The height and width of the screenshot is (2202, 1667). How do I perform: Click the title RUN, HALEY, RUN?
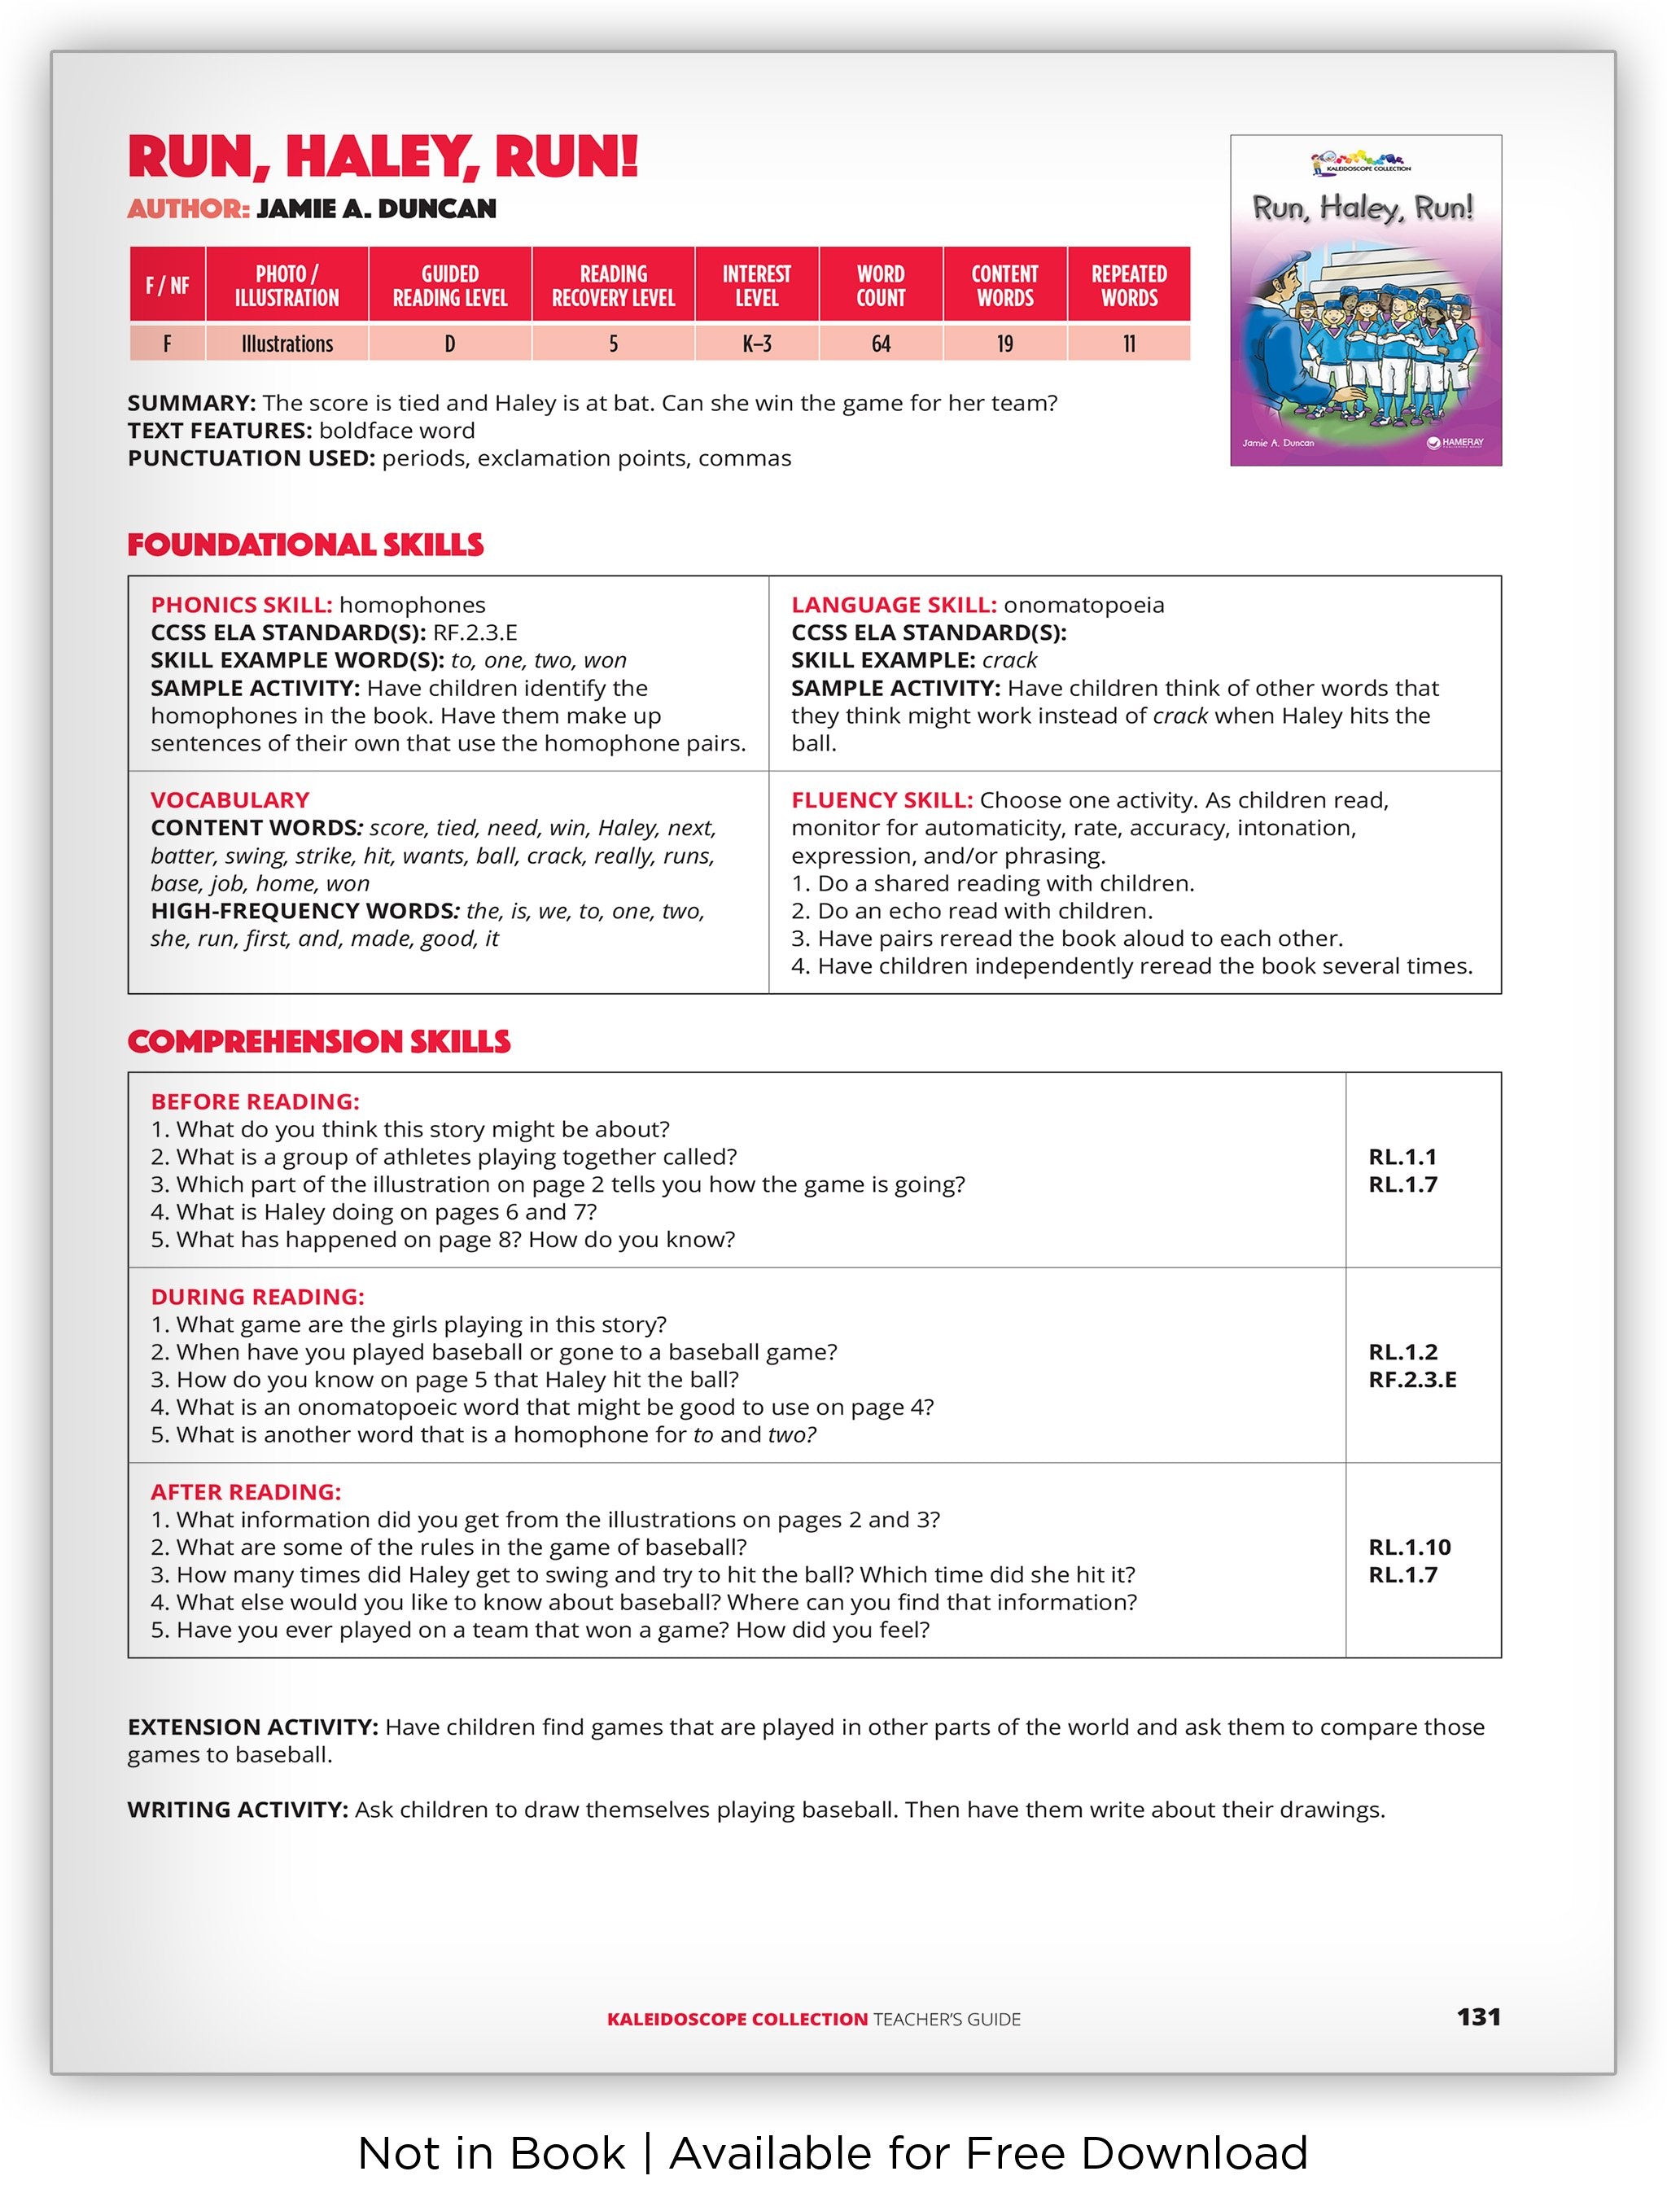(x=383, y=157)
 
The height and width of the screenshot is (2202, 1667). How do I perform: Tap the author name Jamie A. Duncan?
(x=376, y=209)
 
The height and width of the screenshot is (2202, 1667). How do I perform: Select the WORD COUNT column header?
(x=880, y=286)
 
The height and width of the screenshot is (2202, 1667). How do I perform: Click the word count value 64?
(x=880, y=344)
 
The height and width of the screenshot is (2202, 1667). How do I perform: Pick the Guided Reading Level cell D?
(x=450, y=344)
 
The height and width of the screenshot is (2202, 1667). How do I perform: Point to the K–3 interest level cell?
(x=756, y=344)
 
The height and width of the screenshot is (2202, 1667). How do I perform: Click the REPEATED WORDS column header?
(x=1129, y=286)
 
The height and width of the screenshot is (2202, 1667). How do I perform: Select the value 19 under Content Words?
(x=1004, y=344)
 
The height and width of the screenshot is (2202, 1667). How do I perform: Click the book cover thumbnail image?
(x=1366, y=300)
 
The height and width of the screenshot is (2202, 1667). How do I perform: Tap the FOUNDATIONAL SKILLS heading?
(x=305, y=545)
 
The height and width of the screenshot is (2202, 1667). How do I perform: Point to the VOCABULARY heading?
(x=230, y=800)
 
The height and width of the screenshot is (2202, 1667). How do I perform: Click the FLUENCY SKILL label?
(x=882, y=800)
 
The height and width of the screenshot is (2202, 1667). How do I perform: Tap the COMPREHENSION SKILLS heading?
(x=318, y=1041)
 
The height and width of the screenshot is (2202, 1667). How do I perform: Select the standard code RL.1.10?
(x=1409, y=1547)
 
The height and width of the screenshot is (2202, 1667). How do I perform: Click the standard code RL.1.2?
(x=1402, y=1352)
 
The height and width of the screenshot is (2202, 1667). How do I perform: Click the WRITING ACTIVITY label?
(x=237, y=1810)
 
